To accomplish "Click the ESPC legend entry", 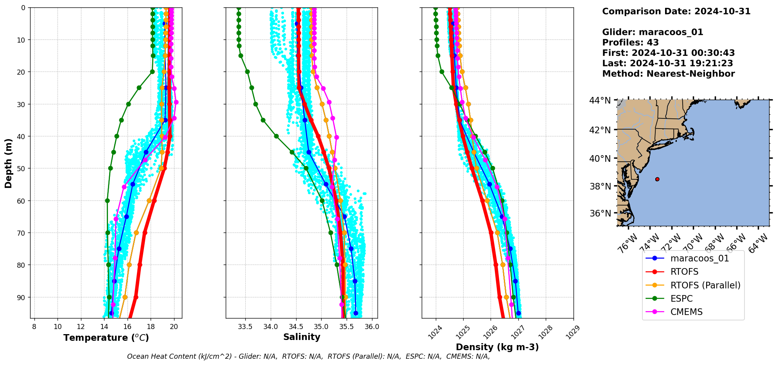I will point(681,299).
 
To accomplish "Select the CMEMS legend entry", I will point(686,312).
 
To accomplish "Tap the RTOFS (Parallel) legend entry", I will point(705,285).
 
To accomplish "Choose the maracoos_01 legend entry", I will point(699,258).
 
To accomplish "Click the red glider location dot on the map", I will point(657,179).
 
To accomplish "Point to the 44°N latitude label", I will point(600,100).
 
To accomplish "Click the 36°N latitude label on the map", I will point(600,213).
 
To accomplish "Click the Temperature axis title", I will point(106,338).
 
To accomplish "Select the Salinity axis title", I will point(302,337).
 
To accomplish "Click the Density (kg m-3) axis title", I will point(497,347).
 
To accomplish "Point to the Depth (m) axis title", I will point(8,163).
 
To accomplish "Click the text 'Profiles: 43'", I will point(630,43).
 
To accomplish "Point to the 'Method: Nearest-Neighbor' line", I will point(668,74).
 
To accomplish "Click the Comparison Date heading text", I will point(676,11).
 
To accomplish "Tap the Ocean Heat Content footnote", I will point(308,356).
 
